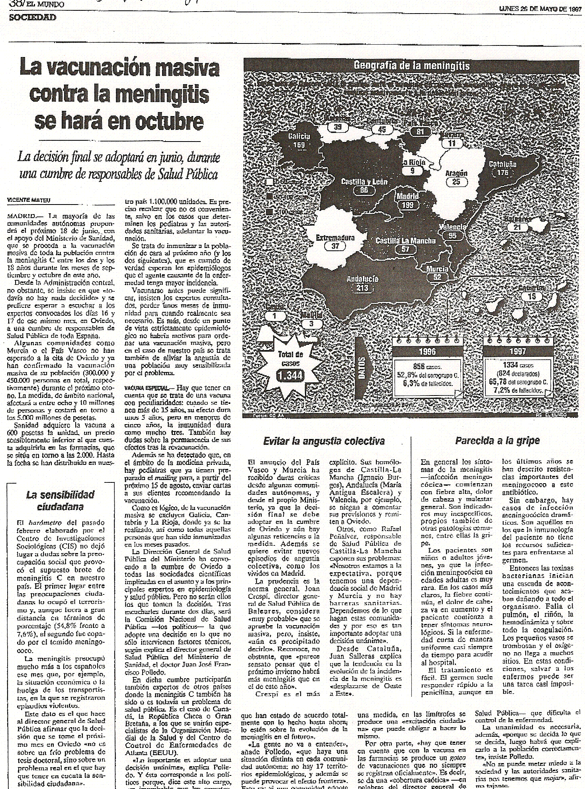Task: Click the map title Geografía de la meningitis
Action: [x=411, y=66]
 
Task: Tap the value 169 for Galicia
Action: [x=299, y=145]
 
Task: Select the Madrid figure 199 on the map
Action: [x=407, y=205]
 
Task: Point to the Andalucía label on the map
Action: [x=362, y=279]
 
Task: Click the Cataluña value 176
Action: [x=503, y=173]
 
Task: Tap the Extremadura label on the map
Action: [x=335, y=238]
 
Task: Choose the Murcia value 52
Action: [x=437, y=277]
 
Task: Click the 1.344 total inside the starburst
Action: [x=290, y=375]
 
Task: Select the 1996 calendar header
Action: [x=427, y=352]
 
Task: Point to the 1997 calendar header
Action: [x=517, y=352]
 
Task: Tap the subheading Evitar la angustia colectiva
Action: [x=324, y=441]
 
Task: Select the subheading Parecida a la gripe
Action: [x=497, y=441]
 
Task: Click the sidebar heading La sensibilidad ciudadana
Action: [x=60, y=501]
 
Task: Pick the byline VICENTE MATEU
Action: [x=26, y=200]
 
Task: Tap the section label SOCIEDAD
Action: [x=33, y=17]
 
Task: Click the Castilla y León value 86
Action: [x=364, y=191]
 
